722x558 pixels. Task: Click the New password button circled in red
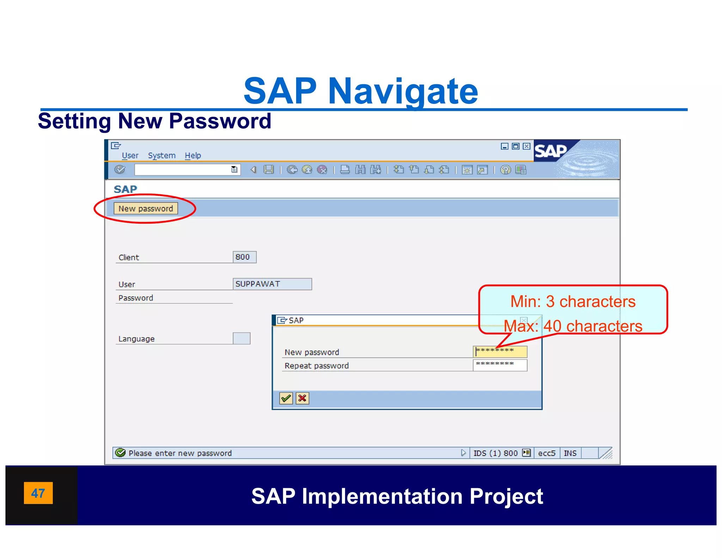(146, 208)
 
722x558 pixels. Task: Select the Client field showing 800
(244, 257)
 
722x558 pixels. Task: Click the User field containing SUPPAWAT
(272, 284)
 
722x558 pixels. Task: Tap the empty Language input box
(241, 338)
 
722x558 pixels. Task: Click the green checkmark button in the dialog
(286, 398)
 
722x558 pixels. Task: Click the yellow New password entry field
(500, 351)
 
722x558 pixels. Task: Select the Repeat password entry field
(500, 365)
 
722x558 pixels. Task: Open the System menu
(161, 156)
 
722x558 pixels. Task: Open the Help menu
(193, 156)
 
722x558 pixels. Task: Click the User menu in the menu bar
(130, 156)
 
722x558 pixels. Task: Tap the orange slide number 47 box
(38, 493)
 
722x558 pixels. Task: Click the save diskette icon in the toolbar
(269, 170)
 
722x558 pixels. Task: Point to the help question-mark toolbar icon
(505, 170)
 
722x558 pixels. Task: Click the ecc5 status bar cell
(546, 453)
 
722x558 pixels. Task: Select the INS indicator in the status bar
(570, 453)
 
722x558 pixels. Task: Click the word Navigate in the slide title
(403, 91)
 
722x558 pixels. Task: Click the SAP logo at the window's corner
(551, 151)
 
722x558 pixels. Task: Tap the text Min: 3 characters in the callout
(573, 302)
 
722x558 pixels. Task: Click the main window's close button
(526, 146)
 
